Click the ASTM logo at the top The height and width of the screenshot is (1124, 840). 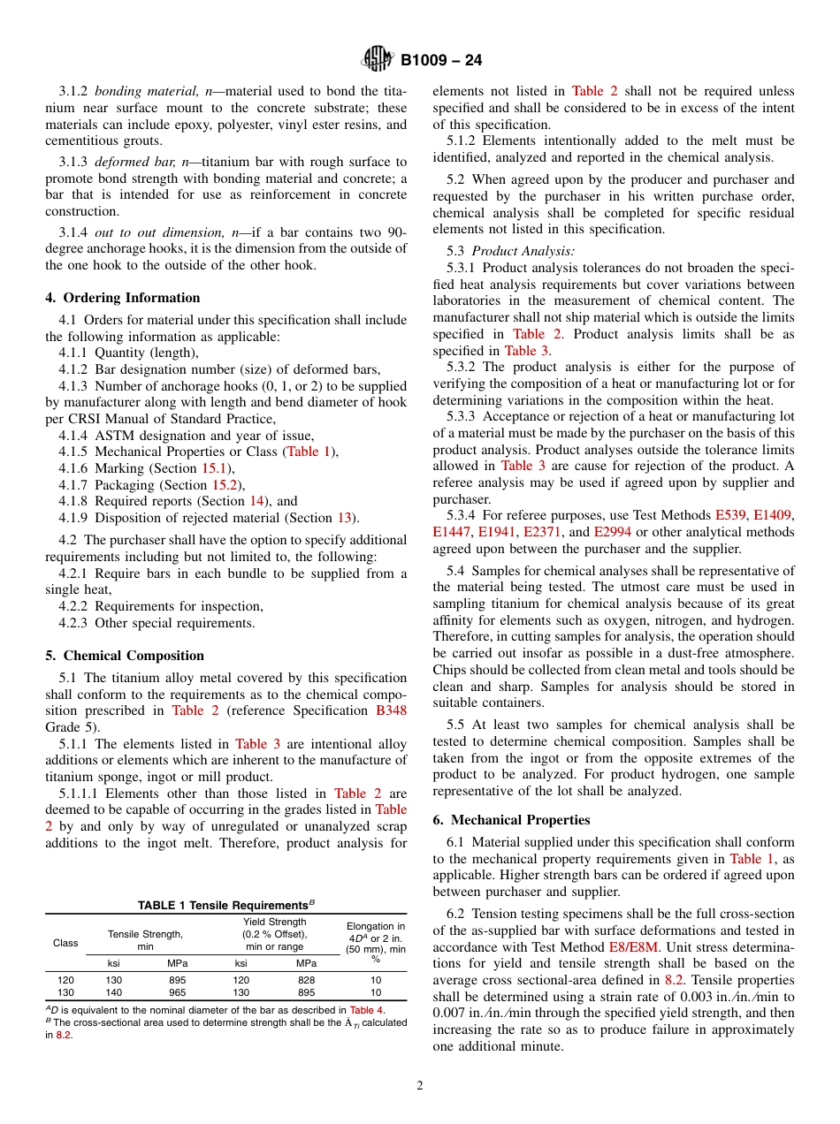378,60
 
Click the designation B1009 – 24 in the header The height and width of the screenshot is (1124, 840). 441,61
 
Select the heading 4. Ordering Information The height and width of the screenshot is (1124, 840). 123,298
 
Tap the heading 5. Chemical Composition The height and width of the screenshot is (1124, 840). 125,656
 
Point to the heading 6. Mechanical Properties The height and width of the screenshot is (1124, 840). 511,820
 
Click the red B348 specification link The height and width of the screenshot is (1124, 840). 391,710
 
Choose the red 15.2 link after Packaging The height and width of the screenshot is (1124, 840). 223,485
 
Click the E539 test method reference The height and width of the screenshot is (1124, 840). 730,515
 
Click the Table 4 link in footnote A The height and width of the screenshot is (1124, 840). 366,1010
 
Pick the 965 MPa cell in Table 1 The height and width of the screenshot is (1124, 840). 178,993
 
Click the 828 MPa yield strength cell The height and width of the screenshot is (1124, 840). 306,980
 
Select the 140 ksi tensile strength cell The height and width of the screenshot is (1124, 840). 114,993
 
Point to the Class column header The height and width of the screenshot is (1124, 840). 65,943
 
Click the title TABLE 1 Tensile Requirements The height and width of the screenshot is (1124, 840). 225,905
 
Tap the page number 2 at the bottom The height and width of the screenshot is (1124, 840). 420,1086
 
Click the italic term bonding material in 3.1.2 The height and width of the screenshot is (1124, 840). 148,91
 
